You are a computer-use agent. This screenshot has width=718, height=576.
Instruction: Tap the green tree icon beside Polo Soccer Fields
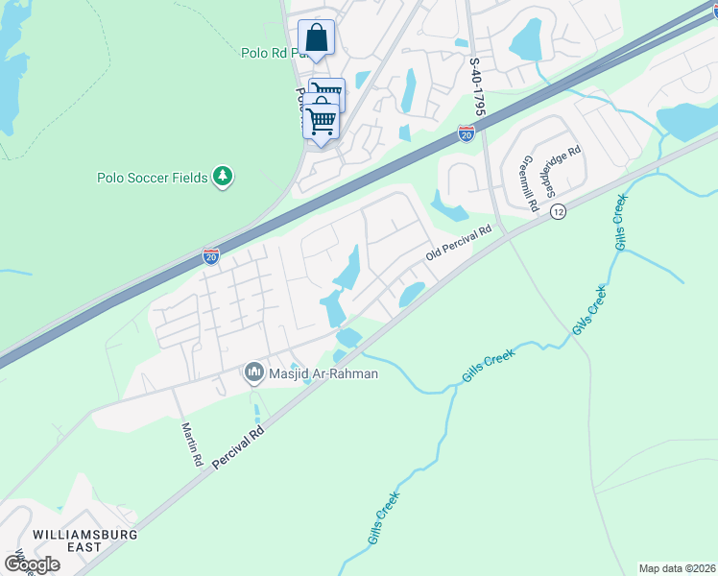point(223,176)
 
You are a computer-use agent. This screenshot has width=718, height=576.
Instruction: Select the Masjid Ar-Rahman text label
point(324,373)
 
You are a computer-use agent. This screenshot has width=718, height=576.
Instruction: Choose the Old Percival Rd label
point(458,245)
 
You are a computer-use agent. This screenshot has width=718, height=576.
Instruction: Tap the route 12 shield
point(558,212)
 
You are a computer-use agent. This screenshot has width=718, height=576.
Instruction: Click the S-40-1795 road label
point(476,87)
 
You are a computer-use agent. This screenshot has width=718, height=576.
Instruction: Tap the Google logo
point(32,564)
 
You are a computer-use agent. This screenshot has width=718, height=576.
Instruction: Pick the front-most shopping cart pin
point(321,121)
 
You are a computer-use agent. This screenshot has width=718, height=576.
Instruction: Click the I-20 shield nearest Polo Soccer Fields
point(211,256)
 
